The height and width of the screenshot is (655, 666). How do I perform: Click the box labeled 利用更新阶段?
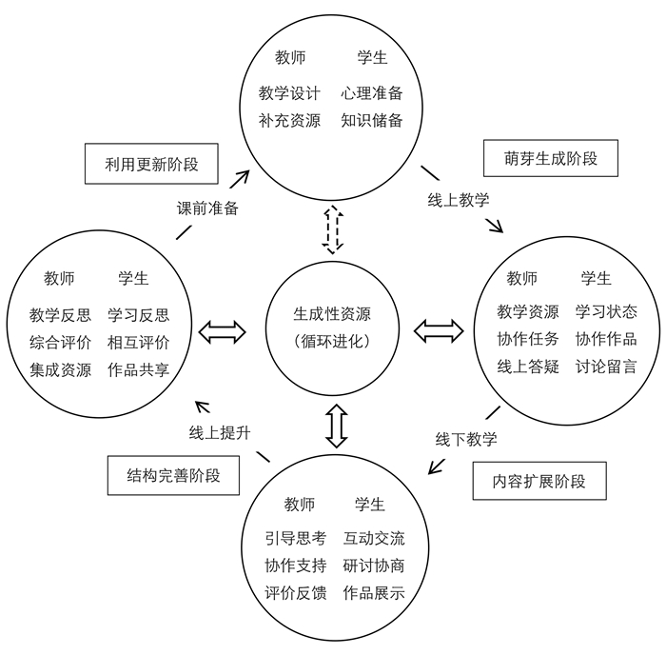[x=151, y=164]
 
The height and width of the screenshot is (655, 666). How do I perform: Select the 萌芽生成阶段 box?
[x=551, y=158]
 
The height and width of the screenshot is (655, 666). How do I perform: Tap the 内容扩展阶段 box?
[x=539, y=481]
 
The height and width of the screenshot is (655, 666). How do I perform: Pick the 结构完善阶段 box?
[x=173, y=475]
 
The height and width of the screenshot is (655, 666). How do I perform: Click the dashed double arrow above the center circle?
[x=333, y=230]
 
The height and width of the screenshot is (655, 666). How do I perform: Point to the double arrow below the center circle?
[x=337, y=426]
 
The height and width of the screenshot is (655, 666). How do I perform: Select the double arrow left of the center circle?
[x=222, y=332]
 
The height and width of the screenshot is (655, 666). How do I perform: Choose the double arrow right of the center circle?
[x=439, y=331]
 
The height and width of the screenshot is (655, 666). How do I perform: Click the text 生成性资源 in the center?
[x=332, y=314]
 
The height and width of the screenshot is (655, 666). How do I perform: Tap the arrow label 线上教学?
[x=459, y=200]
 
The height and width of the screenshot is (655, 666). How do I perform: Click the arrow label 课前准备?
[x=207, y=208]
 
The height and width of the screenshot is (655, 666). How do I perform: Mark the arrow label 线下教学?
[x=466, y=439]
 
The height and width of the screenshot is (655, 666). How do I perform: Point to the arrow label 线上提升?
[x=220, y=433]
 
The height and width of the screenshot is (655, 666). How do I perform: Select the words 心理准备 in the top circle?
[x=372, y=93]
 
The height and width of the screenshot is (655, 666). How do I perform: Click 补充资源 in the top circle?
[x=289, y=120]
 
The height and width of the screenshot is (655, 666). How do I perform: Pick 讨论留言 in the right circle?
[x=606, y=367]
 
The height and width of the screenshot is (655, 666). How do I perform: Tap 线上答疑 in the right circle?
[x=528, y=367]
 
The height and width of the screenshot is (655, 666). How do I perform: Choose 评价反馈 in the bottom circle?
[x=296, y=593]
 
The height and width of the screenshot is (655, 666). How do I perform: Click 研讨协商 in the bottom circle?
[x=374, y=566]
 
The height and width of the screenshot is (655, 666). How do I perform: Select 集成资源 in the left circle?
[x=60, y=369]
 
